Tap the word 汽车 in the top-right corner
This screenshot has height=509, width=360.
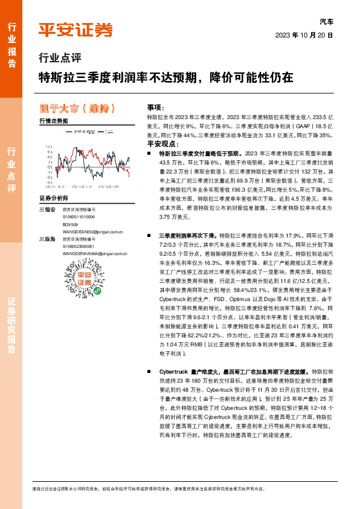pyautogui.click(x=326, y=21)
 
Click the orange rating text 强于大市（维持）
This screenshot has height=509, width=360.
pyautogui.click(x=82, y=109)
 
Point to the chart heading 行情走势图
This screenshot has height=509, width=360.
pyautogui.click(x=54, y=121)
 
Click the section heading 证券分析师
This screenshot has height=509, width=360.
pyautogui.click(x=55, y=198)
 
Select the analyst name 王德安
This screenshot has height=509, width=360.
pyautogui.click(x=47, y=209)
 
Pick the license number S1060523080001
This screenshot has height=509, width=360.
pyautogui.click(x=79, y=247)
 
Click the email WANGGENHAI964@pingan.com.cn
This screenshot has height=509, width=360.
pyautogui.click(x=95, y=254)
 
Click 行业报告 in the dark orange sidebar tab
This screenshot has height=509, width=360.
pyautogui.click(x=12, y=39)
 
